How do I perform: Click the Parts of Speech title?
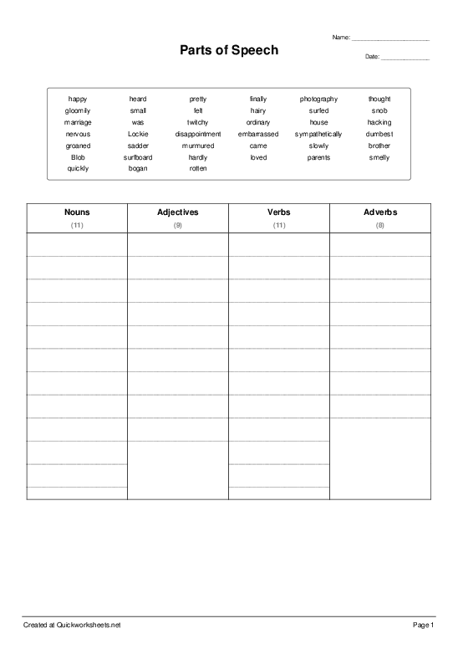coord(229,51)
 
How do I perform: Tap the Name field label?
coord(341,38)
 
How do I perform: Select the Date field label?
coord(372,57)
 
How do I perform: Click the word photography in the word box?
coord(318,99)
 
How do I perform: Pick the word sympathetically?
coord(318,134)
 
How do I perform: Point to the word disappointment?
coord(198,134)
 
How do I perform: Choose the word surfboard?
coord(138,157)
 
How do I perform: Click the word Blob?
coord(78,157)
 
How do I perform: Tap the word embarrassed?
coord(258,134)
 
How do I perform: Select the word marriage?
coord(78,122)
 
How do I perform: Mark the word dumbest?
coord(379,134)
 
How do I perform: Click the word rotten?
coord(198,168)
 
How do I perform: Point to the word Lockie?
coord(138,134)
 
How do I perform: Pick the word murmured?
coord(198,146)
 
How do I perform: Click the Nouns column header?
coord(77,212)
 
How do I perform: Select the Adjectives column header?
coord(178,212)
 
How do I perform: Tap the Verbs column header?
coord(279,212)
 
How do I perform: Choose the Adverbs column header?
coord(380,212)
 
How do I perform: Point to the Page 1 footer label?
coord(424,625)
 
